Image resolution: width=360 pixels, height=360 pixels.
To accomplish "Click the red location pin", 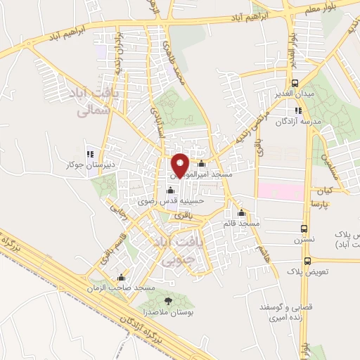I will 180,164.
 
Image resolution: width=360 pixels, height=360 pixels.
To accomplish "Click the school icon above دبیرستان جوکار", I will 89,154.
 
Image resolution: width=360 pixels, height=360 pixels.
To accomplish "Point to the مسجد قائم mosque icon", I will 242,214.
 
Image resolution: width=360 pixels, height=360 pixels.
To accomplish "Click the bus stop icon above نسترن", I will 304,229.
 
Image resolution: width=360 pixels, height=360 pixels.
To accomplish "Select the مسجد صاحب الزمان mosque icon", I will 122,277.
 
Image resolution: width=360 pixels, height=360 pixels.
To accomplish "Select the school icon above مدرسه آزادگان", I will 298,110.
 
